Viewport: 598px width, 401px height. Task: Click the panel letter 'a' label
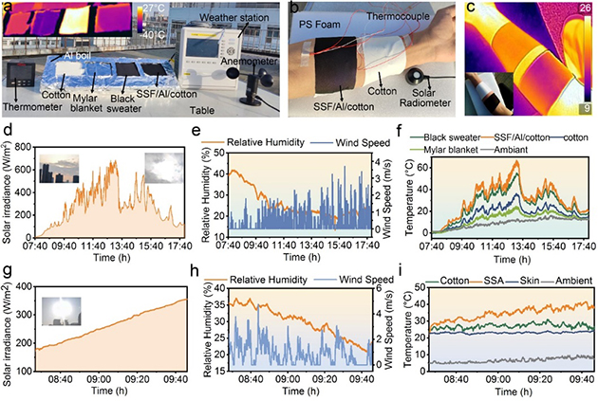pyautogui.click(x=8, y=8)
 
